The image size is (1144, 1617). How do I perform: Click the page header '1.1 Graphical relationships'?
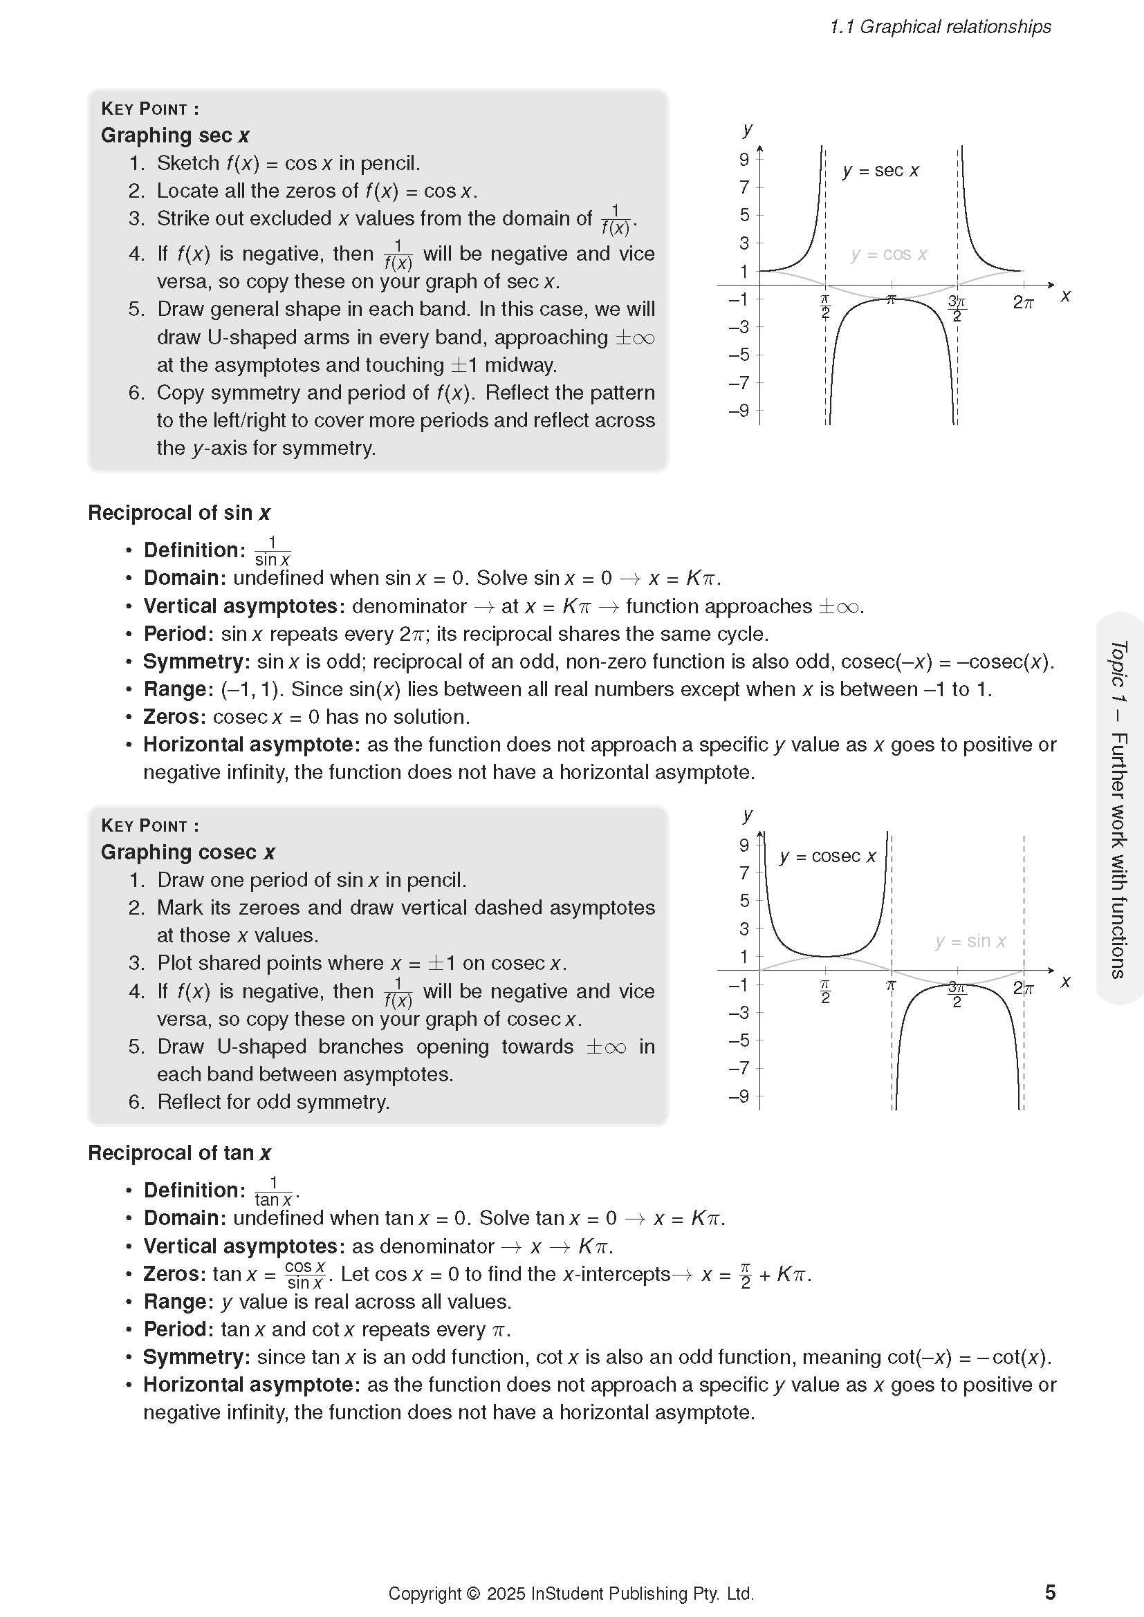[940, 27]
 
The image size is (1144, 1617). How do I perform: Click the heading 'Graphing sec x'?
[175, 135]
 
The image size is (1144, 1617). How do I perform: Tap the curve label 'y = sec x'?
[880, 171]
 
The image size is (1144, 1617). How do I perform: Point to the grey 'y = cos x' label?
[888, 254]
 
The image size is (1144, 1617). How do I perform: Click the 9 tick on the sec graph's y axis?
[744, 160]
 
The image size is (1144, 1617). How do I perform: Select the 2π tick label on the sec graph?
[1023, 303]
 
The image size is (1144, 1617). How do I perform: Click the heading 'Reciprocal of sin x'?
[179, 513]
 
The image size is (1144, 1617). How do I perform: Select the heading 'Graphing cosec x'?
[187, 852]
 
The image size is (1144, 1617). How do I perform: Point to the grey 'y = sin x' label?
[970, 941]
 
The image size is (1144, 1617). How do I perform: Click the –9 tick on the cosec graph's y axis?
[739, 1096]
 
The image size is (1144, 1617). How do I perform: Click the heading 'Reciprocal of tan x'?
[179, 1153]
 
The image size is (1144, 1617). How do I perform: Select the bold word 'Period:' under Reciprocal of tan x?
[178, 1329]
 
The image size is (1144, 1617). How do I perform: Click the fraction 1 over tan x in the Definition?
[273, 1191]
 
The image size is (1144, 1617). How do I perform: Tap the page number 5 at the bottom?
[1050, 1592]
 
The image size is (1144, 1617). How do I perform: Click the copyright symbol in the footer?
[472, 1593]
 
